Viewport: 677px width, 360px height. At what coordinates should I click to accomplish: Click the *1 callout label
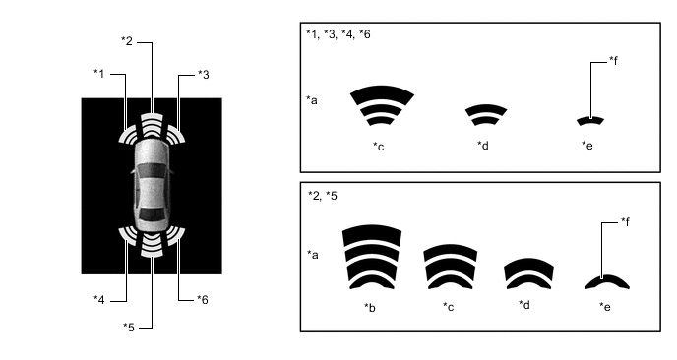click(x=98, y=74)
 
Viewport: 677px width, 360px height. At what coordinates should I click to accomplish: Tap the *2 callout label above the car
click(x=127, y=41)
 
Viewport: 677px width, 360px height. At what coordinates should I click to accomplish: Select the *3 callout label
click(x=204, y=75)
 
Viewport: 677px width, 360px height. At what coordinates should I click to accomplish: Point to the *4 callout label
click(x=98, y=300)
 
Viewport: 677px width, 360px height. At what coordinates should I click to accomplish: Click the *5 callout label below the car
click(x=129, y=328)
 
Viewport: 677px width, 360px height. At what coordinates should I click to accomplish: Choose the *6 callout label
click(x=203, y=300)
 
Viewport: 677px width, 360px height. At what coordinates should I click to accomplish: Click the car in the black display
click(x=152, y=186)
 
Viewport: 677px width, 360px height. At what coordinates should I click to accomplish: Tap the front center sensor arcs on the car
click(x=152, y=125)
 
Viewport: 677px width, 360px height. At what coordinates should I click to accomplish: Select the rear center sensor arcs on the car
click(x=152, y=245)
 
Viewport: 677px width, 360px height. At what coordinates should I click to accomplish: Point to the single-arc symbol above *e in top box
click(x=590, y=121)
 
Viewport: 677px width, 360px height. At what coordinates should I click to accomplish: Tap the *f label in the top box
click(x=614, y=61)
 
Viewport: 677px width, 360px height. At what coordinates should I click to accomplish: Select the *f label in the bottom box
click(x=625, y=221)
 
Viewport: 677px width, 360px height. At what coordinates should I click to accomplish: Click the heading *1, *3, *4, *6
click(x=338, y=34)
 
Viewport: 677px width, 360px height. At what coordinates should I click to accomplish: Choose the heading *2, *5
click(x=323, y=196)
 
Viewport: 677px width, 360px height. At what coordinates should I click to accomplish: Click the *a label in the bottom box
click(x=313, y=255)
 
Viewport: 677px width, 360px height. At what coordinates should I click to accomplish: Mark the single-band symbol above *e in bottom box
click(x=607, y=281)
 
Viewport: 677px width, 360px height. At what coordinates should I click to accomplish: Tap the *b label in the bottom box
click(x=370, y=307)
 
